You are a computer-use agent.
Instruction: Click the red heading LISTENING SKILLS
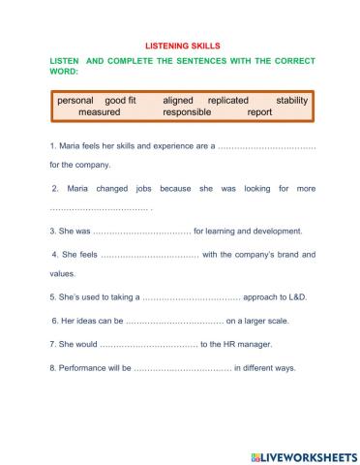click(x=183, y=45)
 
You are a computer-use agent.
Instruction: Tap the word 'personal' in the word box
click(x=75, y=100)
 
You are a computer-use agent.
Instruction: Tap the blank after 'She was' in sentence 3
click(x=141, y=232)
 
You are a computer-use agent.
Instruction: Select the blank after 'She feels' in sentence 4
click(x=149, y=255)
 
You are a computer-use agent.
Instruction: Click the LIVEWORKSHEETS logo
click(x=303, y=454)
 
